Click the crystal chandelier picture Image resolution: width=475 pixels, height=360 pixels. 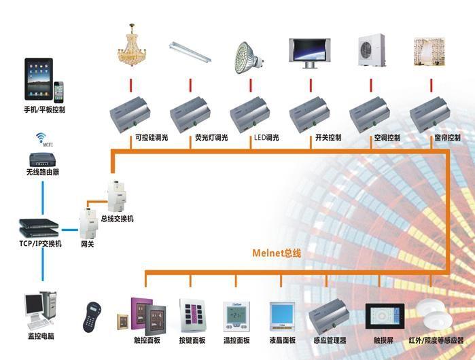pos(131,47)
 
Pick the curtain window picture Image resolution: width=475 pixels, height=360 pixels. pos(431,51)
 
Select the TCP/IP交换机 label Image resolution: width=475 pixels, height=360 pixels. pos(39,243)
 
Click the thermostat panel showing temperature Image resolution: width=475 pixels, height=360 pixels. pos(236,315)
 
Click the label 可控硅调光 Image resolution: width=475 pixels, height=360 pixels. pos(150,138)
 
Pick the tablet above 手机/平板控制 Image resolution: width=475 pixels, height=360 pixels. pos(37,78)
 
